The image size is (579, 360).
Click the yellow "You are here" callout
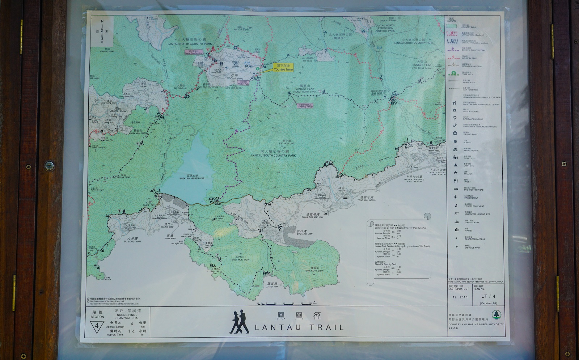[x=283, y=67]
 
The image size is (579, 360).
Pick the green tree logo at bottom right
[x=495, y=314]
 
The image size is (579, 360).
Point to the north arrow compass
[x=102, y=29]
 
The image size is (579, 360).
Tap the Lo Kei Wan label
[x=272, y=285]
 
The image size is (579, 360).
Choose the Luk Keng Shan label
[x=314, y=269]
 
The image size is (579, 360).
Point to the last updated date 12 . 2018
[x=460, y=297]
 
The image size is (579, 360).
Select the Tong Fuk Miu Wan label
[x=312, y=216]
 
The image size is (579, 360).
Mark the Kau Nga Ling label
[x=287, y=142]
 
